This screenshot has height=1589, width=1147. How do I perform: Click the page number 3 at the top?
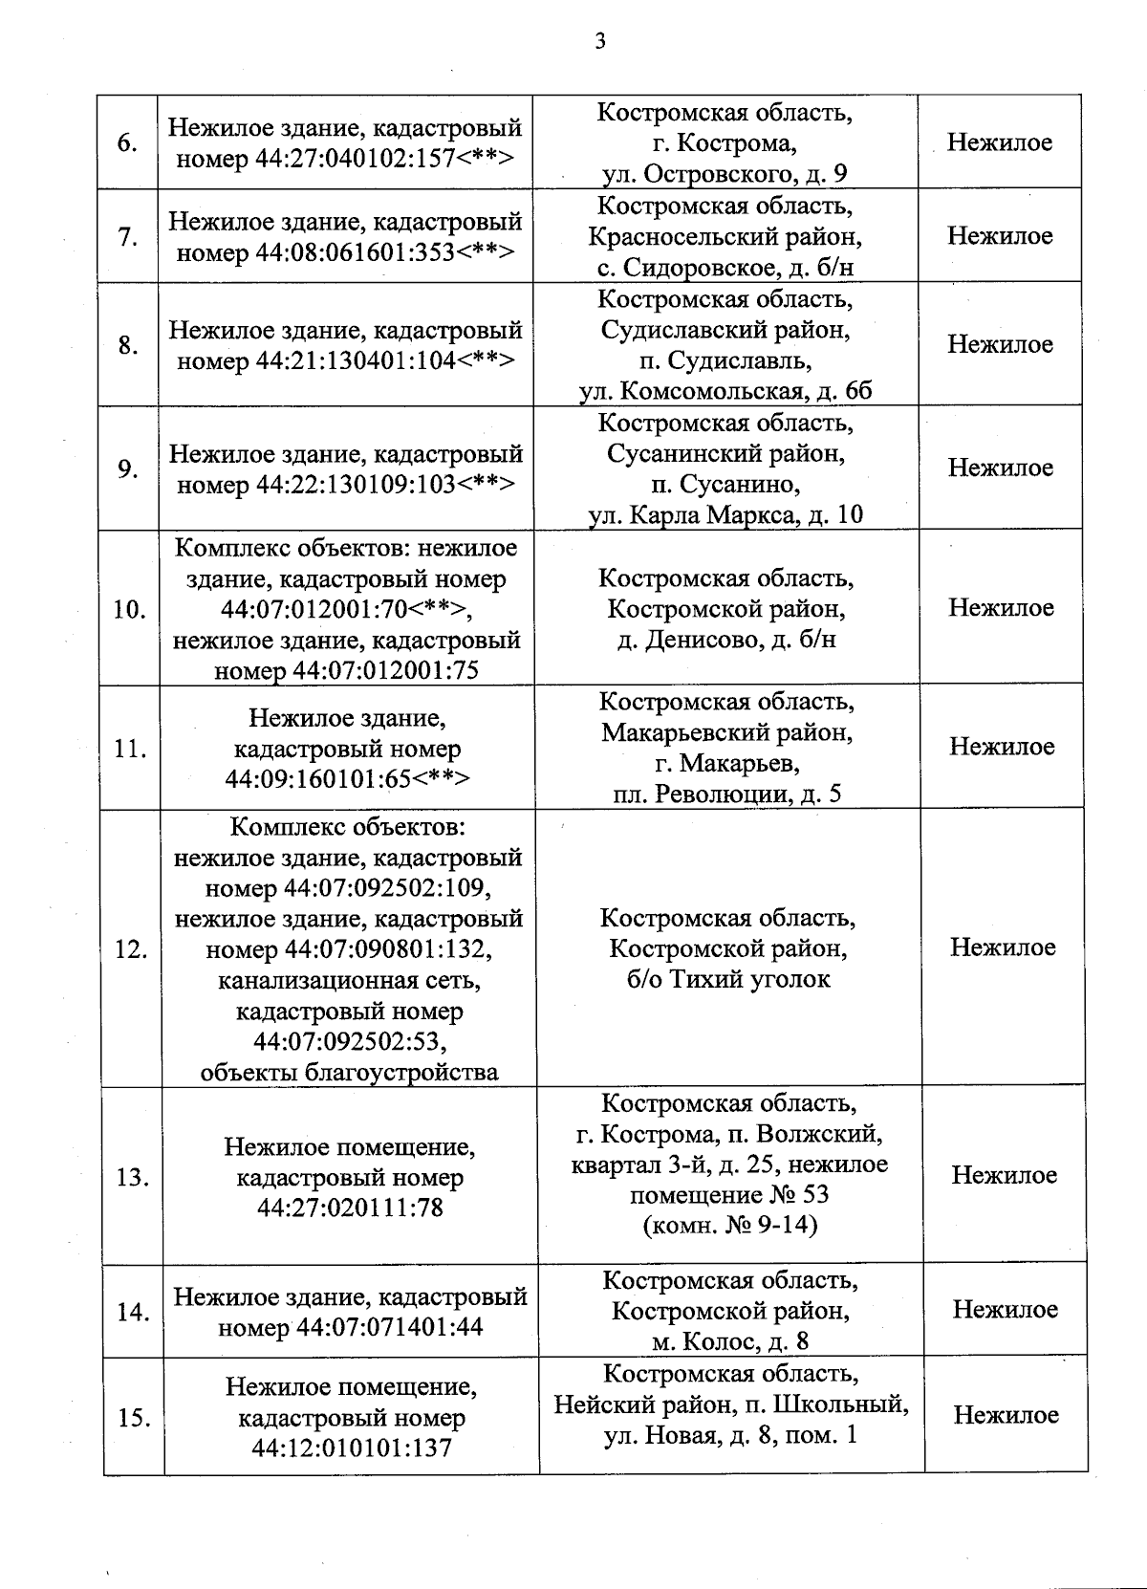(x=599, y=41)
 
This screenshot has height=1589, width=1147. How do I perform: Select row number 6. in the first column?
(x=127, y=143)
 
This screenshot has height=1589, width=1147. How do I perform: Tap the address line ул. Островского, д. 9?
(x=725, y=174)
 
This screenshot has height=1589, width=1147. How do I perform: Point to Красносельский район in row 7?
(x=725, y=236)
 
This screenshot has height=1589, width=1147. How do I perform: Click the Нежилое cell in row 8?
(x=1000, y=344)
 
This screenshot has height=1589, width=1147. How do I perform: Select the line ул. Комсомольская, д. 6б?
(x=725, y=391)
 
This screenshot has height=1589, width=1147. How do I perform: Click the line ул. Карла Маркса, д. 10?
(x=725, y=514)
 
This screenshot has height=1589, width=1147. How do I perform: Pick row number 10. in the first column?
(x=129, y=609)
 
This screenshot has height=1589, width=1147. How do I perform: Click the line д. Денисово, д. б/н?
(x=726, y=639)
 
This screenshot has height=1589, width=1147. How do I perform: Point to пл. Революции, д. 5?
(x=726, y=794)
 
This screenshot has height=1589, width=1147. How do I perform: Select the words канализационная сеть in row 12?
(x=349, y=980)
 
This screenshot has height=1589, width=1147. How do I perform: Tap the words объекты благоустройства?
(x=349, y=1072)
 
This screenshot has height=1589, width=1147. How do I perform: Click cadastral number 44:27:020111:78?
(x=350, y=1208)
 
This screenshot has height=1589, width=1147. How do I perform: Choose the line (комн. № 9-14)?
(x=730, y=1225)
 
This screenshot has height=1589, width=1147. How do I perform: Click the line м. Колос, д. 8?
(x=730, y=1341)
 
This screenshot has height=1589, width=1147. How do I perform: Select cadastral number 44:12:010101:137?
(x=352, y=1448)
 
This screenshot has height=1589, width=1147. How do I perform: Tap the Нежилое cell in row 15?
(x=1006, y=1415)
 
